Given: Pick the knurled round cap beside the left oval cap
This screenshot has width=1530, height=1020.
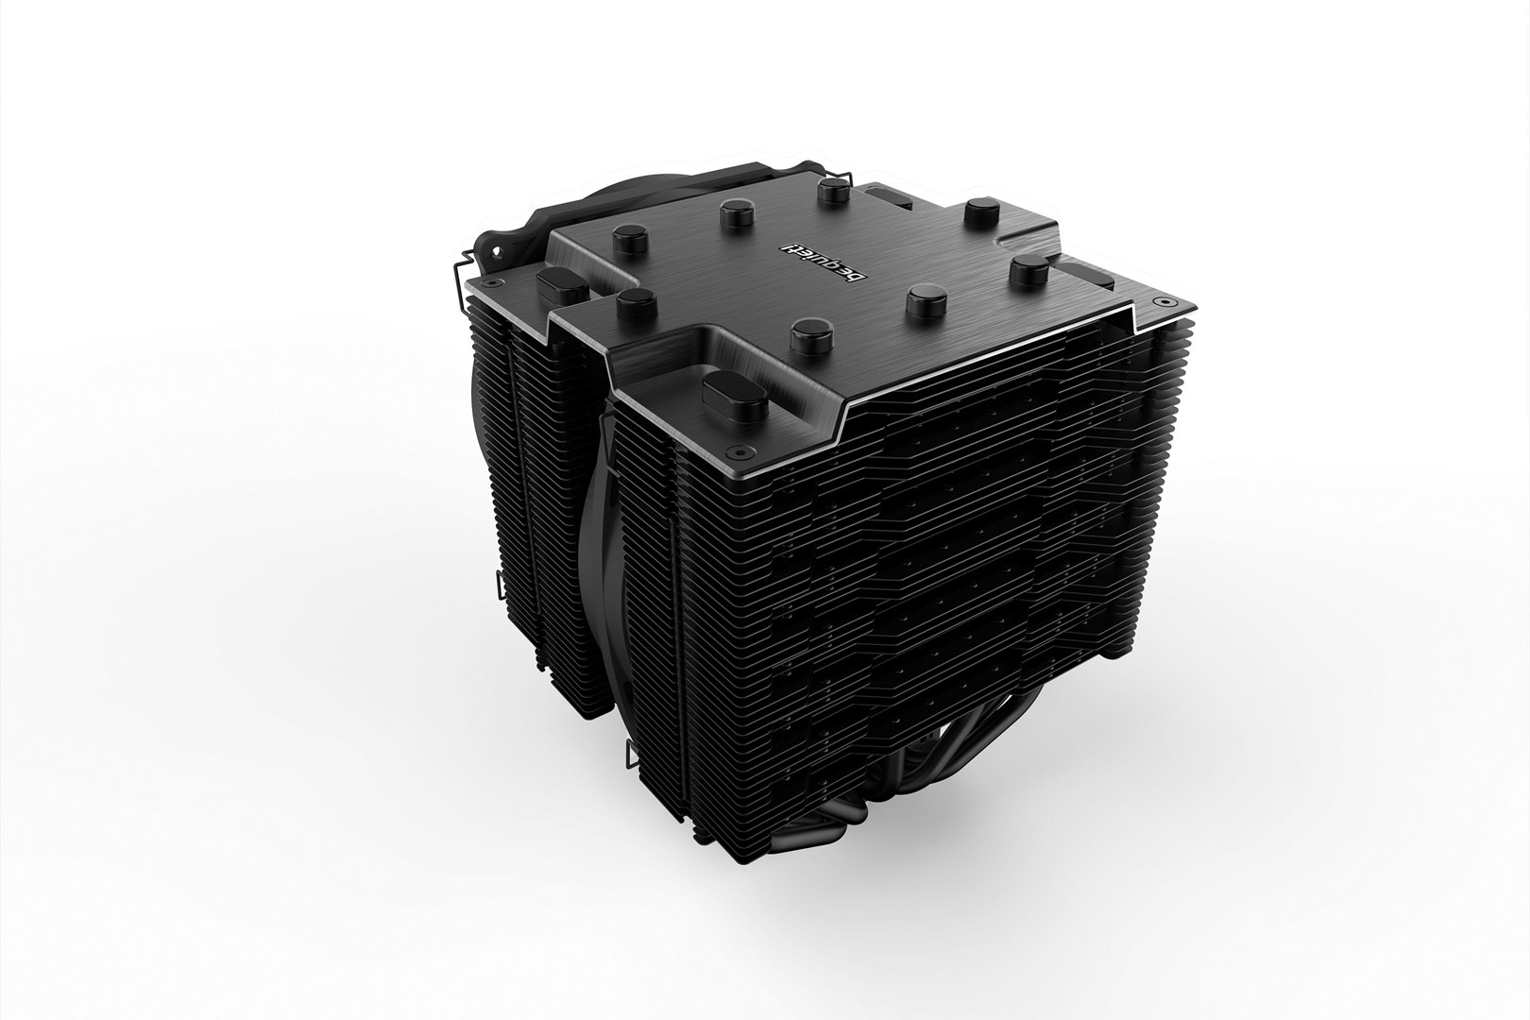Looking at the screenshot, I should pyautogui.click(x=629, y=307).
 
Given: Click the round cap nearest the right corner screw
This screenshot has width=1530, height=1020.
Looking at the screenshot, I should pyautogui.click(x=1024, y=272).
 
